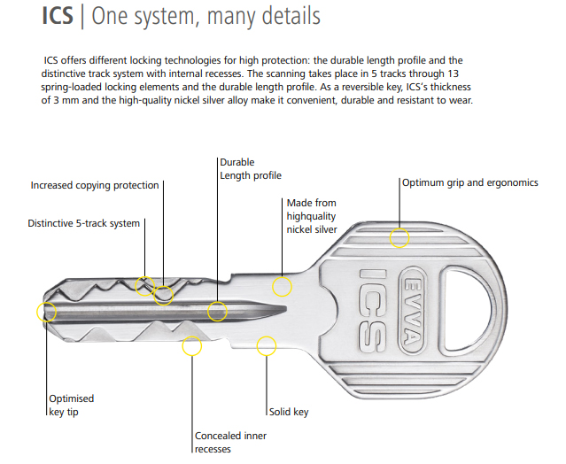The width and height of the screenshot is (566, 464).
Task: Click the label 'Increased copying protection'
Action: pos(95,186)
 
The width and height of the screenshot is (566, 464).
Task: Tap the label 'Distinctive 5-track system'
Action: pos(84,223)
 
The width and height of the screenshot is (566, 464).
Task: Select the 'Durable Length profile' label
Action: pos(251,169)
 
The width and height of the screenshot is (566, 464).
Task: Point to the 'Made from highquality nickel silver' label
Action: pos(312,216)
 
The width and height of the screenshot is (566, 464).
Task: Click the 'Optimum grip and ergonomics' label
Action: pos(469,182)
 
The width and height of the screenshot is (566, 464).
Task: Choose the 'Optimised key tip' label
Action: pos(72,405)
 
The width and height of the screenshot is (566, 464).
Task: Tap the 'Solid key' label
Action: pos(289,412)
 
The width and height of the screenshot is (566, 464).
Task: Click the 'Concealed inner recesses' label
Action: pos(230,442)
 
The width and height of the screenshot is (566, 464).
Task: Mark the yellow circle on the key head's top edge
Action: pos(400,237)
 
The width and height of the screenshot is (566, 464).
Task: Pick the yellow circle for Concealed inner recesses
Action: pos(192,345)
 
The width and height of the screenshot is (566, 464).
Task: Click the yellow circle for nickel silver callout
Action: pos(282,286)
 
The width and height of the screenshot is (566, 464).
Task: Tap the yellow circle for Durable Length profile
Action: pos(217,311)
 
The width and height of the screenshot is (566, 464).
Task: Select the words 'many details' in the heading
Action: pos(266,17)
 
